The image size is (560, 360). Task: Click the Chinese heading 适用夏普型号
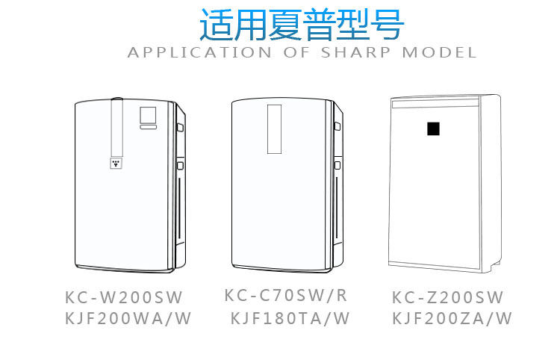pos(302,24)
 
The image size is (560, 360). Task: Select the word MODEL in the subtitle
pos(440,53)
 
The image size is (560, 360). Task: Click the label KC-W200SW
pos(124,297)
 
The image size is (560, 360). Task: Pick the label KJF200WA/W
pos(128,319)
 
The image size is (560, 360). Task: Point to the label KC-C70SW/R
pos(286,295)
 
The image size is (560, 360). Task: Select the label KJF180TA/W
pos(290,319)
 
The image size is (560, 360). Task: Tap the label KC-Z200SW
pos(448,297)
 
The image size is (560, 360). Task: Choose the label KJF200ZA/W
pos(452,319)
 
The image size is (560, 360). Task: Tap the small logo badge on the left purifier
pos(116,162)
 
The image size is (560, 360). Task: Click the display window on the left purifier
pos(148,114)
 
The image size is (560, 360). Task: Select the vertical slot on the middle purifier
pos(274,128)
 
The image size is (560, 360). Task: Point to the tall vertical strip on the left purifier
pos(116,127)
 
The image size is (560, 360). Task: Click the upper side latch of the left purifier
pos(180,127)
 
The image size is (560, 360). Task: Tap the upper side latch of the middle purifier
pos(337,129)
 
